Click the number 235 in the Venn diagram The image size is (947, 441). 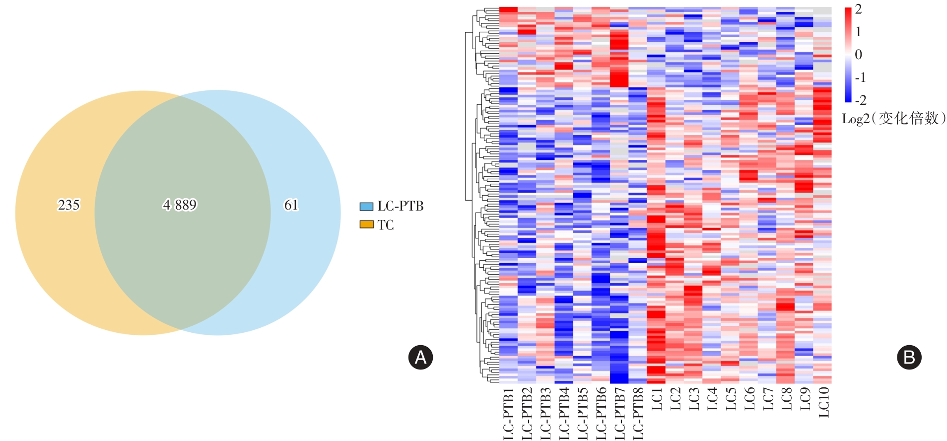click(x=68, y=205)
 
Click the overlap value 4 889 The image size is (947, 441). click(x=180, y=205)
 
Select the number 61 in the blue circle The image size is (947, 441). click(x=291, y=205)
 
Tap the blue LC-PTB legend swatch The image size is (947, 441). click(x=366, y=206)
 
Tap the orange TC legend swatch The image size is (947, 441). click(x=366, y=225)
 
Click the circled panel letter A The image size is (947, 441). click(x=420, y=357)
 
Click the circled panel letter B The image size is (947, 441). click(x=909, y=357)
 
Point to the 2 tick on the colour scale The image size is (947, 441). click(x=859, y=9)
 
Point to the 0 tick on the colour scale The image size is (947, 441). click(x=859, y=55)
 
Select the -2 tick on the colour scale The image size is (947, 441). click(x=861, y=100)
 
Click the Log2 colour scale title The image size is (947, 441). click(x=893, y=118)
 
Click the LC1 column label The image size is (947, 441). click(x=657, y=399)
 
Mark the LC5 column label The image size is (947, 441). click(x=731, y=399)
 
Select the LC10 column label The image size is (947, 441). click(x=823, y=402)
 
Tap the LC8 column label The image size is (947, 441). click(x=786, y=399)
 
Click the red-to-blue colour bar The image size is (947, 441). click(x=848, y=55)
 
